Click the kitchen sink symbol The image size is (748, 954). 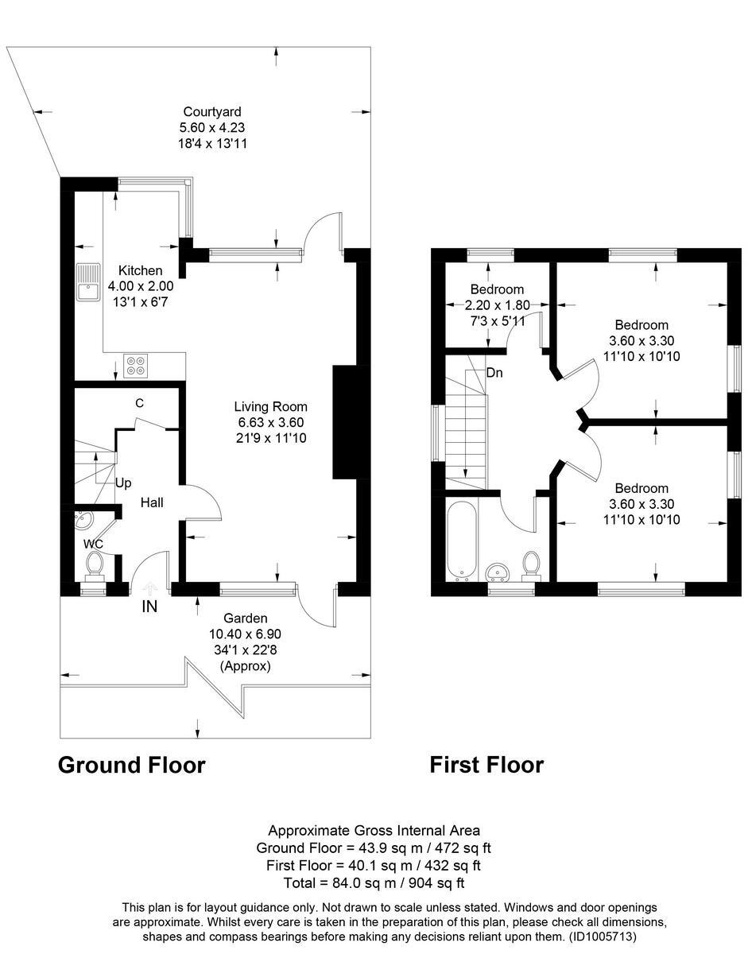(87, 282)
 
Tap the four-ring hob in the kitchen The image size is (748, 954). (135, 366)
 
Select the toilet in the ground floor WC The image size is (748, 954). (95, 564)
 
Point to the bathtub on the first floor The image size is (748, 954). (461, 538)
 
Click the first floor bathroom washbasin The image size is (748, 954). (498, 571)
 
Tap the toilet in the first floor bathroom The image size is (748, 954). (531, 564)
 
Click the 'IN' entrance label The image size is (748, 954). (149, 607)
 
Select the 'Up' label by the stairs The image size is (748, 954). (123, 483)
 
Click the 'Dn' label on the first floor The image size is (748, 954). (494, 372)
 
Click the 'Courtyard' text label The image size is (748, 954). (211, 112)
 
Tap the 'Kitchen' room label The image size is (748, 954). (140, 271)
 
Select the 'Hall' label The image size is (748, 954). (152, 502)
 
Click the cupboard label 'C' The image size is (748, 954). (139, 403)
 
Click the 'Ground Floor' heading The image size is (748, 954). (132, 765)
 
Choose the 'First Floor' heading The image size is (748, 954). (486, 765)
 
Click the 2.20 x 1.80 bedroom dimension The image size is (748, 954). (496, 304)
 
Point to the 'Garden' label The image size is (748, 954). (245, 619)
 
